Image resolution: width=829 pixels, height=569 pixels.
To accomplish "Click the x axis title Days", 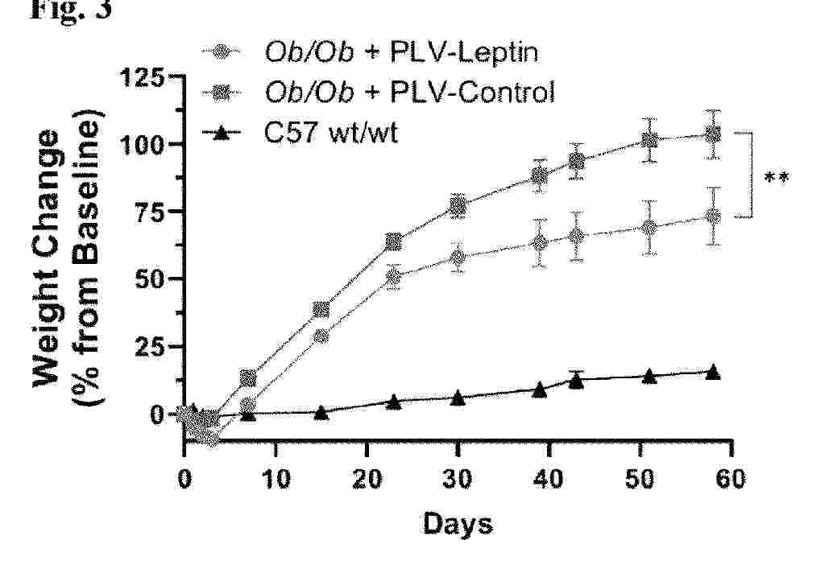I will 458,525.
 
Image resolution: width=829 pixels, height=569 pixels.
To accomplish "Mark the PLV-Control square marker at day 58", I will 712,134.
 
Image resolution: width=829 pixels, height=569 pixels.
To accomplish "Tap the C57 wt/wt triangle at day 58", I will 712,372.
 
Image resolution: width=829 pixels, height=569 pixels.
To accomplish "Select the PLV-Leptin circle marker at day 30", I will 458,258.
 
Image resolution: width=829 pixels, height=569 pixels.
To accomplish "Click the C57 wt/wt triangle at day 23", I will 394,401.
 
